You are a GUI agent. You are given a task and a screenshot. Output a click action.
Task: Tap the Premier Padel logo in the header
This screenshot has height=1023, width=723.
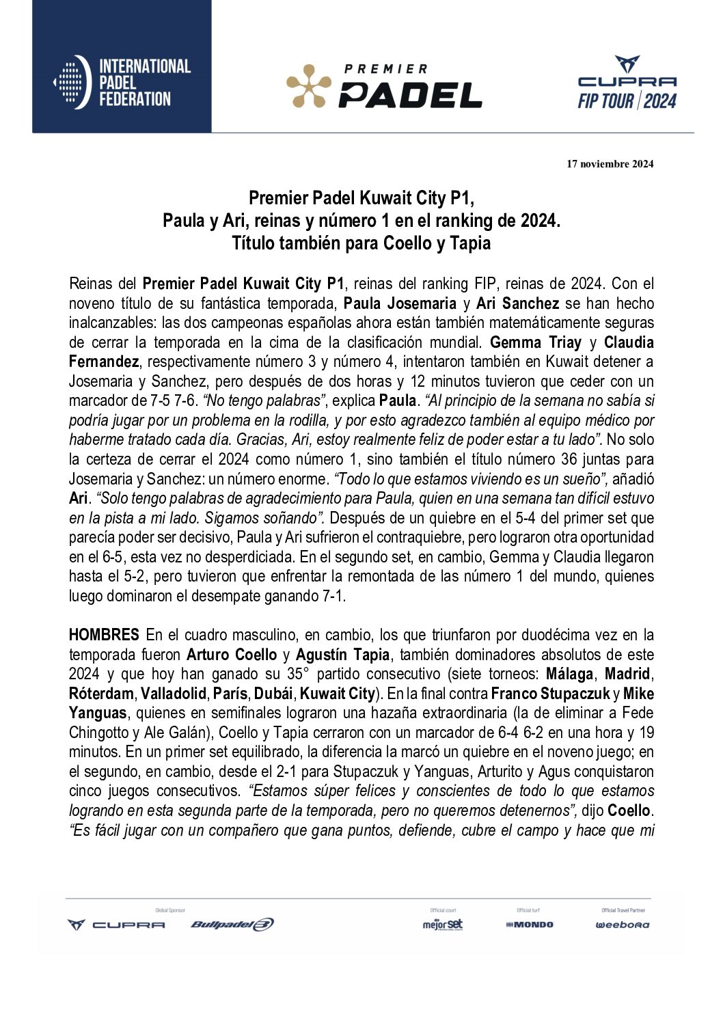(x=384, y=87)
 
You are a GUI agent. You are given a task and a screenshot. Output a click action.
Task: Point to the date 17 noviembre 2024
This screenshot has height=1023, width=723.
(x=610, y=164)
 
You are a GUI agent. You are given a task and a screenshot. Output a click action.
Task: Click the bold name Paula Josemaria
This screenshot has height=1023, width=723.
(x=400, y=303)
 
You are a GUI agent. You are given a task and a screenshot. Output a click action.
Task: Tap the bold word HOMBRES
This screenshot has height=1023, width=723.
(x=104, y=636)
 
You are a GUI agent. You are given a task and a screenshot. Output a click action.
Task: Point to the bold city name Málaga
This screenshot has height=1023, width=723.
(x=569, y=674)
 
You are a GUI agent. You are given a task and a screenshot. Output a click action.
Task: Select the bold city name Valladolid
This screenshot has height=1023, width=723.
(x=173, y=694)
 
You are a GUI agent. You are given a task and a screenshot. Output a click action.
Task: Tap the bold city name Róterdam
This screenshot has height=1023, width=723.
(x=102, y=694)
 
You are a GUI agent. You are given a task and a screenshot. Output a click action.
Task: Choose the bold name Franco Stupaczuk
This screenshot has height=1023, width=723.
(x=550, y=694)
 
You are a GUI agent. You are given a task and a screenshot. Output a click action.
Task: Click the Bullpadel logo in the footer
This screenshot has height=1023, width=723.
(x=232, y=925)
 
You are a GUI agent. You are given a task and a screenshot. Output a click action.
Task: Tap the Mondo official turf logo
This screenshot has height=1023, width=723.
(x=530, y=925)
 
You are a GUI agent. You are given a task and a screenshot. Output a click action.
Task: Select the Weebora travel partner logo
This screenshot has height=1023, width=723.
(x=623, y=925)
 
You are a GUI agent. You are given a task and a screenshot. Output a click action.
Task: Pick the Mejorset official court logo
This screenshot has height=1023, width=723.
(x=442, y=925)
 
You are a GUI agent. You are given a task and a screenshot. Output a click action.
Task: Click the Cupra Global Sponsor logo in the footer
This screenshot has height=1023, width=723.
(x=116, y=925)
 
